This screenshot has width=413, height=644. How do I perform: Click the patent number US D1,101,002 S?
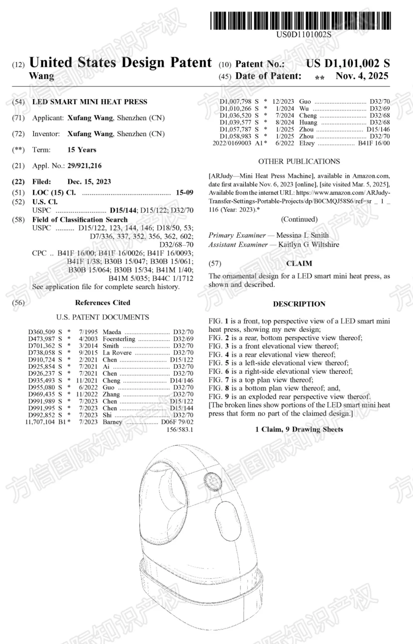[348, 64]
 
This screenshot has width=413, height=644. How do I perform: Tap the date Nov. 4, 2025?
[362, 76]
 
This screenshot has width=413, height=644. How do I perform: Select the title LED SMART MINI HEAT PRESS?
[89, 102]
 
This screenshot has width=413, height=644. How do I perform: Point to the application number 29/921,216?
[85, 166]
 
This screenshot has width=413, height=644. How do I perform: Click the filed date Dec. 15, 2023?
[89, 182]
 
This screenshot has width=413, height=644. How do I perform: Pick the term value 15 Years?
[82, 150]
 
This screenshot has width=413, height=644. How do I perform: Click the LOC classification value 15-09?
[184, 192]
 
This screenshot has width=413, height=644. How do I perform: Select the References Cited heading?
[102, 303]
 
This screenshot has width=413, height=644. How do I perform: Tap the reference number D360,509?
[41, 332]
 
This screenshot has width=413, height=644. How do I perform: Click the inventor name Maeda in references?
[112, 332]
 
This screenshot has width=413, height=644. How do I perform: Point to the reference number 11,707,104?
[40, 422]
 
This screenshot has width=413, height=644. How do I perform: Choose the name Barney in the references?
[112, 422]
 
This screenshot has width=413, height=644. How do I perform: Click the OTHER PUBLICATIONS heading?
[299, 161]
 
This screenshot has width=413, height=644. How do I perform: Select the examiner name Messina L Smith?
[302, 235]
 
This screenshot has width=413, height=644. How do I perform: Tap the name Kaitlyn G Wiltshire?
[309, 245]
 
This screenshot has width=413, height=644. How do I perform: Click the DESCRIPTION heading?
[299, 304]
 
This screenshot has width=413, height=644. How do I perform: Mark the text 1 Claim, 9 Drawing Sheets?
[299, 429]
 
